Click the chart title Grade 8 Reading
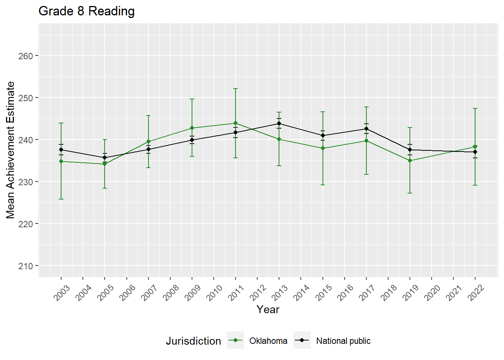[x=87, y=11]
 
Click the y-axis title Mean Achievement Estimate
[x=10, y=150]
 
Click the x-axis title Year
[x=268, y=309]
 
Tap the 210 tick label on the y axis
[x=25, y=266]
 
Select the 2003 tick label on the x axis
[x=62, y=293]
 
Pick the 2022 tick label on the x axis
[x=476, y=293]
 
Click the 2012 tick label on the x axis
[x=258, y=293]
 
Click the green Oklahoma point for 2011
[x=235, y=123]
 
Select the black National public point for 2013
[x=279, y=123]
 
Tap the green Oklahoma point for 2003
[x=61, y=161]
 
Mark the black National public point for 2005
[x=105, y=157]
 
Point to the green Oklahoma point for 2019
[x=410, y=160]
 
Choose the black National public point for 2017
[x=366, y=129]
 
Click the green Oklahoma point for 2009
[x=192, y=128]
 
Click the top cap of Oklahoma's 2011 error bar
[x=235, y=88]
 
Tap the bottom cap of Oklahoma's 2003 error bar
[x=61, y=199]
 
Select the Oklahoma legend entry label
[x=268, y=341]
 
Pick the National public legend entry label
[x=343, y=341]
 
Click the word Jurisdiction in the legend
[x=193, y=341]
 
